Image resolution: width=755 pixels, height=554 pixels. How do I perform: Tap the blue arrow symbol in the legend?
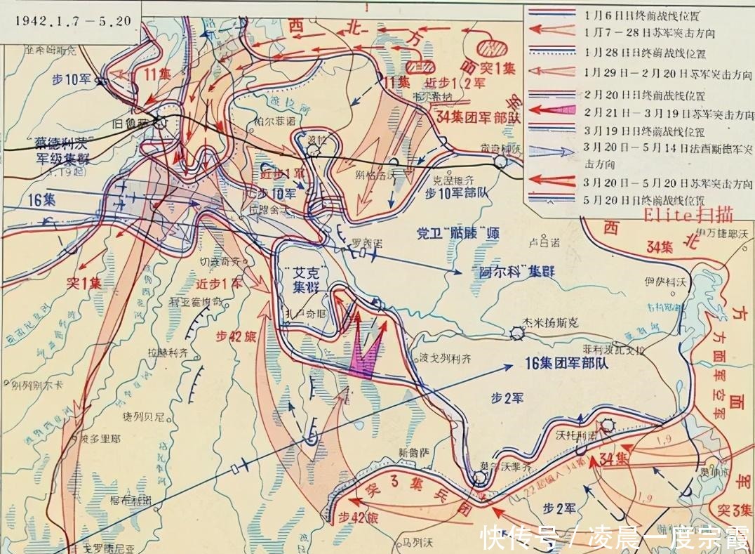click(554, 150)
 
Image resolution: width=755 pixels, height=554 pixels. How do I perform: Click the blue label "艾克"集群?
click(304, 280)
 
